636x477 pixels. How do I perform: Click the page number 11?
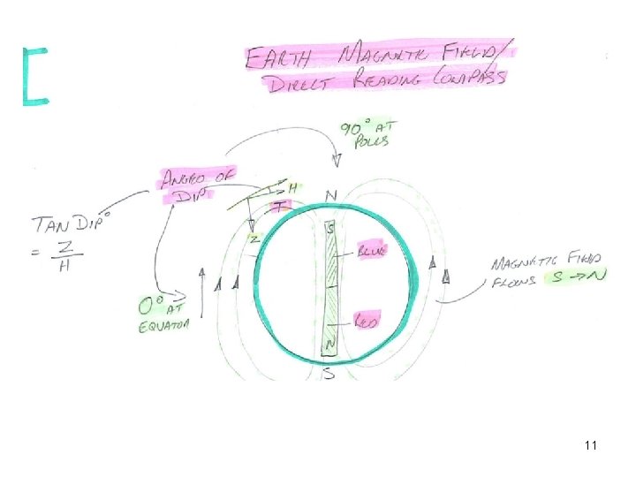pos(590,446)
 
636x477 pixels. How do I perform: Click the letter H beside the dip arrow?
pos(293,188)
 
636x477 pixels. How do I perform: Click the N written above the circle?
pos(330,195)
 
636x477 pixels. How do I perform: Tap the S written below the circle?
pos(329,374)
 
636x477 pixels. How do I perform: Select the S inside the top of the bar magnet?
pos(330,229)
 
